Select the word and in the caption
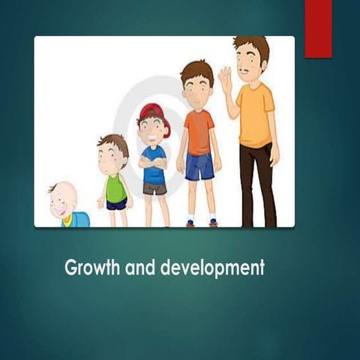tap(137, 268)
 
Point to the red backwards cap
tap(153, 112)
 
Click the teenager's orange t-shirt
tap(199, 131)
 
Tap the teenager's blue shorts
tap(199, 166)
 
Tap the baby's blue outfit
tap(78, 220)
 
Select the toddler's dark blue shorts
tap(116, 204)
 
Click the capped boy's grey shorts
tap(154, 188)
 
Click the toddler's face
tap(112, 157)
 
